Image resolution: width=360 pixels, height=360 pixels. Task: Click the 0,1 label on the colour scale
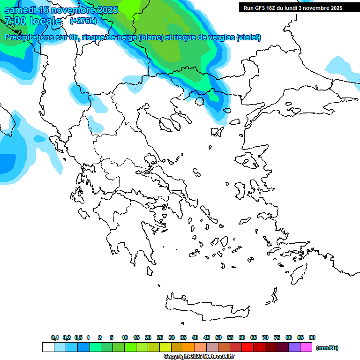coord(55,337)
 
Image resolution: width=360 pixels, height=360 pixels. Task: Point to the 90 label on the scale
coord(312,337)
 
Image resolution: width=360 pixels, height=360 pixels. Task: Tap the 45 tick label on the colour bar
coord(207,337)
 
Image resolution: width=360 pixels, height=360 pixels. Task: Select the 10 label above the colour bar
coord(125,337)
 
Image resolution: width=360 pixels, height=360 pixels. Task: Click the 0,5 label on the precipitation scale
coord(79,337)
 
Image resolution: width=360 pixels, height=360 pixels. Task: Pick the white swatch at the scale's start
coord(48,347)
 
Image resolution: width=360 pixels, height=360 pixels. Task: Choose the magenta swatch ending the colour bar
coord(306,347)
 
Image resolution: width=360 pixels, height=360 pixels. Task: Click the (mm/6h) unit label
coord(327,348)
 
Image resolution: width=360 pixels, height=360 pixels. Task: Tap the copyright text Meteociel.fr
coord(199,357)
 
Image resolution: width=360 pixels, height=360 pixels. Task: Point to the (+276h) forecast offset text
coord(83,21)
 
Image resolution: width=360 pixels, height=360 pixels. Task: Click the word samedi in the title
coord(22,10)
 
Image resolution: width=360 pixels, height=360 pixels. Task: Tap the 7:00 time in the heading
coord(15,21)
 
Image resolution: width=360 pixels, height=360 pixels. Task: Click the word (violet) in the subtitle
coord(248,37)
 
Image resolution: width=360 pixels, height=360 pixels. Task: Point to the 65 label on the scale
coord(254,337)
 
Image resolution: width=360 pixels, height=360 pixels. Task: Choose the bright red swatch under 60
coord(247,347)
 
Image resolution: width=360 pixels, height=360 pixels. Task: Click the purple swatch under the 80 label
coord(294,347)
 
